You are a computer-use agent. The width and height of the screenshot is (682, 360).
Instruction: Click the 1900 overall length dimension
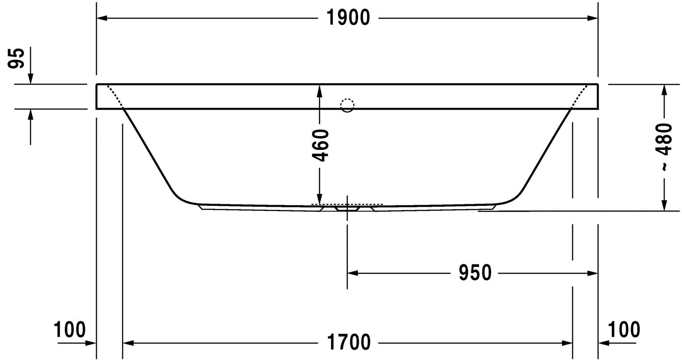[x=348, y=18]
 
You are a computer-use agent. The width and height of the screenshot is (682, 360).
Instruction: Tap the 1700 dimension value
[x=349, y=342]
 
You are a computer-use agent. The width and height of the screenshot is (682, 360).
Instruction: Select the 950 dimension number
[x=475, y=273]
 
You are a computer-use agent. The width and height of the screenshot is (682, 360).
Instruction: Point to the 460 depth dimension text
[x=320, y=145]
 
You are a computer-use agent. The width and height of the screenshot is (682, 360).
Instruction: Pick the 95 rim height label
[x=16, y=58]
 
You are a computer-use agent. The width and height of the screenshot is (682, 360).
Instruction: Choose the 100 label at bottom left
[x=69, y=330]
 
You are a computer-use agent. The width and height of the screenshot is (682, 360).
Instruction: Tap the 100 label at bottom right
[x=624, y=330]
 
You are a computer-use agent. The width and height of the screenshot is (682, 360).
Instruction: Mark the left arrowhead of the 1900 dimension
[x=102, y=18]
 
